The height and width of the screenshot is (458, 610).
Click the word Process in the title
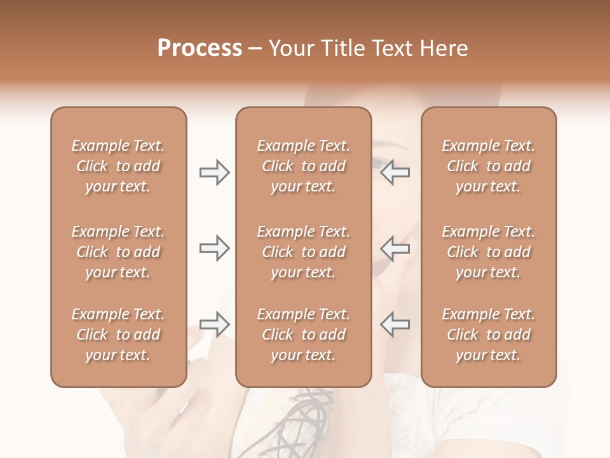[200, 48]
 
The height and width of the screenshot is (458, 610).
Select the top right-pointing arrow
[214, 172]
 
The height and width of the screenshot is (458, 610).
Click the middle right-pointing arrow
[214, 248]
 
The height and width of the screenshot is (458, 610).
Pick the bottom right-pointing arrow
[214, 324]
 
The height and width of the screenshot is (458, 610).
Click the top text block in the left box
[118, 166]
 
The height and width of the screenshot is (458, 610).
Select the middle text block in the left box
[118, 252]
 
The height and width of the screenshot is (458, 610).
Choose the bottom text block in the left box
[118, 335]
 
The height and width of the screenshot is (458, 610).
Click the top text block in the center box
[304, 166]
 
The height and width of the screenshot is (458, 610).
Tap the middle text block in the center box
[304, 252]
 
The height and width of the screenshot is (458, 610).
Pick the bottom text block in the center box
[304, 335]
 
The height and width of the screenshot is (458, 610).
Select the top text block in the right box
[489, 166]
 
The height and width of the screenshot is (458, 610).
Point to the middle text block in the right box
[489, 252]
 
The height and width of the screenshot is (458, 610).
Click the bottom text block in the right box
[489, 335]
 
